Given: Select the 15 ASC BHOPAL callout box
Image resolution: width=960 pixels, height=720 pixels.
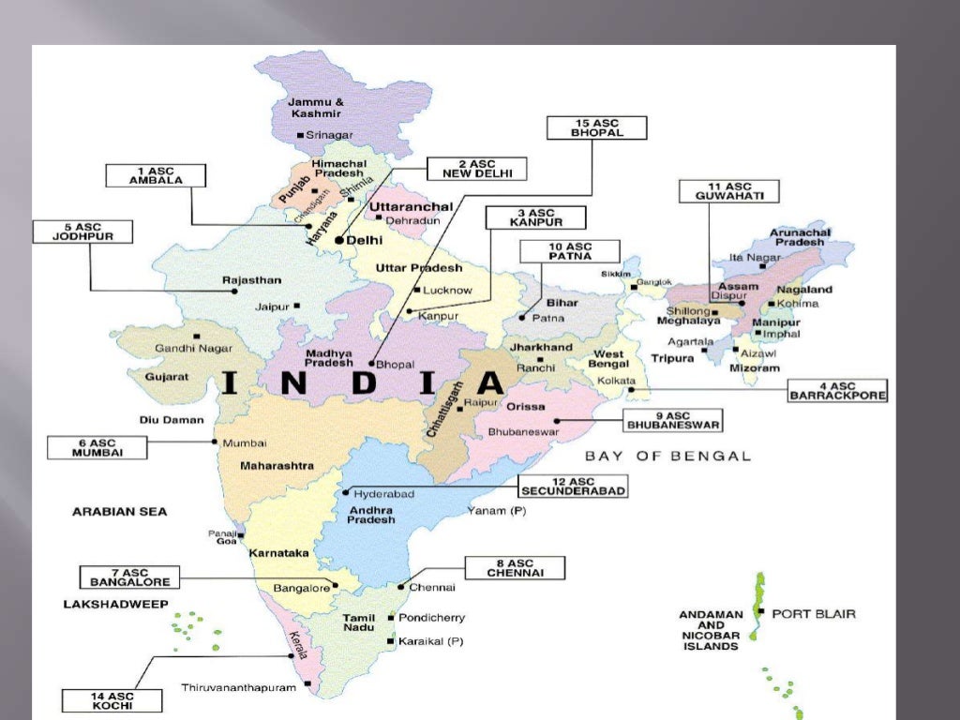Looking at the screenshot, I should pos(596,127).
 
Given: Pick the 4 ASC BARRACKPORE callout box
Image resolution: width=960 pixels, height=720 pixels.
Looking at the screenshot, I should pos(838,391).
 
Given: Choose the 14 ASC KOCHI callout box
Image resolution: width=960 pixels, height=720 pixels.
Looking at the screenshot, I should pos(98,700).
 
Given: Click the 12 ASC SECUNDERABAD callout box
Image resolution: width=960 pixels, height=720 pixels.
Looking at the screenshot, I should pos(572,486).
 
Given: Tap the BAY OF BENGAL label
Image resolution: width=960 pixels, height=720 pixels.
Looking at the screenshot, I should pos(667,456).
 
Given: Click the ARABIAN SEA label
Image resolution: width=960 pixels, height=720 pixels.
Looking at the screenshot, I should pos(119,512).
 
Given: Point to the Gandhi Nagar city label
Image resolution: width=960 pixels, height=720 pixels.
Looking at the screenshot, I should pos(193,348).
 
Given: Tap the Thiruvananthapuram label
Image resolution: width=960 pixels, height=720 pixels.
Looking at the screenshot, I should pos(238,687).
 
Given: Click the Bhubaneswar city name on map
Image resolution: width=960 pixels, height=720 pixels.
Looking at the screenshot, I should pos(523,432).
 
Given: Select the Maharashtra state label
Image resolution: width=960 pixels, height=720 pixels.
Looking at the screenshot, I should pos(277,465).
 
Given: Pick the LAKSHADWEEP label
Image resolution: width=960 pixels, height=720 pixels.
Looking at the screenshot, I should pos(115,605).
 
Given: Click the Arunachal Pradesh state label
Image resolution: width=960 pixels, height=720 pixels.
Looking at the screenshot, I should pos(799,237).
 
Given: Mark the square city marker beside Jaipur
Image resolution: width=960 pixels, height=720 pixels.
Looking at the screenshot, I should pos(297,305).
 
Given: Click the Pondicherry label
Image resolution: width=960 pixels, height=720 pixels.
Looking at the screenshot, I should pos(431,618).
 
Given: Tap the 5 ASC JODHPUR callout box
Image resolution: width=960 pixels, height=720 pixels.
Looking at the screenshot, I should pos(82,231).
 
